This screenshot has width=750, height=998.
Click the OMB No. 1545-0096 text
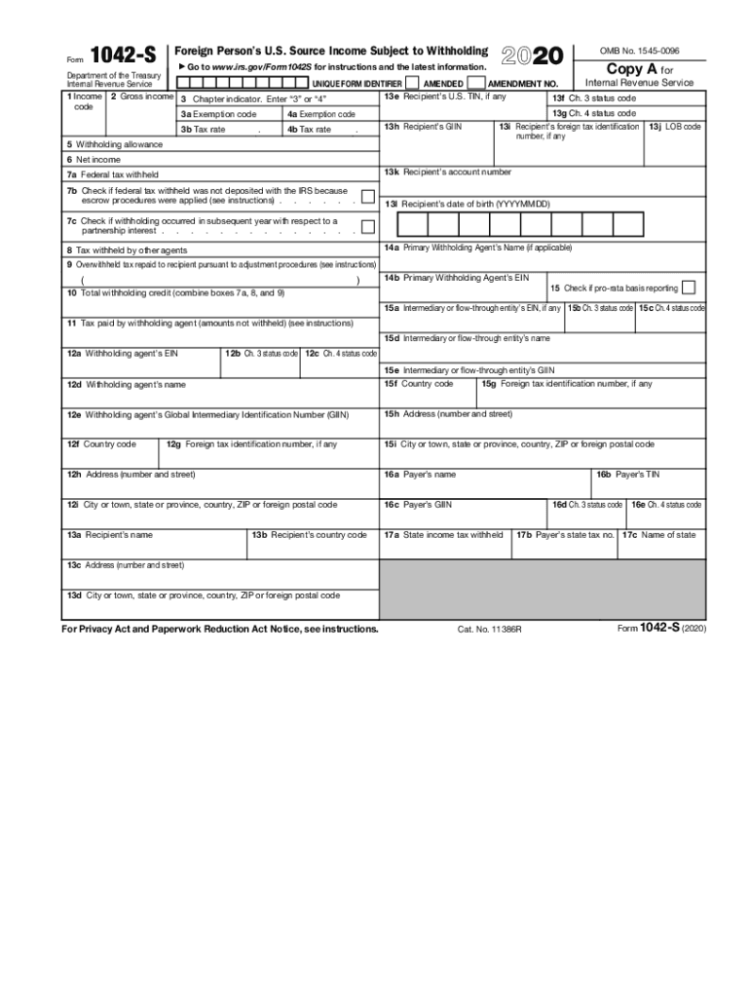(x=639, y=50)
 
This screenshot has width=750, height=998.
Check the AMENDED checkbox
(x=413, y=84)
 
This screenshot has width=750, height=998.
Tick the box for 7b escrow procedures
(x=367, y=197)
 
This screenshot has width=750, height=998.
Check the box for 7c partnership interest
(x=367, y=227)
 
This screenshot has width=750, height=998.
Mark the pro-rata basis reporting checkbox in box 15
(x=689, y=288)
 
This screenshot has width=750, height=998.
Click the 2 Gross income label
(x=142, y=97)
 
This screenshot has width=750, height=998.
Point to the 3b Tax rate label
(x=203, y=130)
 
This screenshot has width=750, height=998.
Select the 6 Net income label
(x=94, y=159)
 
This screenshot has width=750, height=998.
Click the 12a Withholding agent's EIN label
(x=122, y=353)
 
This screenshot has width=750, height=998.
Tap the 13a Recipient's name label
(x=109, y=535)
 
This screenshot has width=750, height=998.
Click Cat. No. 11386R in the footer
(x=489, y=630)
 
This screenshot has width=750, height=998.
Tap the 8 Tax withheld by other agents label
(x=127, y=250)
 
